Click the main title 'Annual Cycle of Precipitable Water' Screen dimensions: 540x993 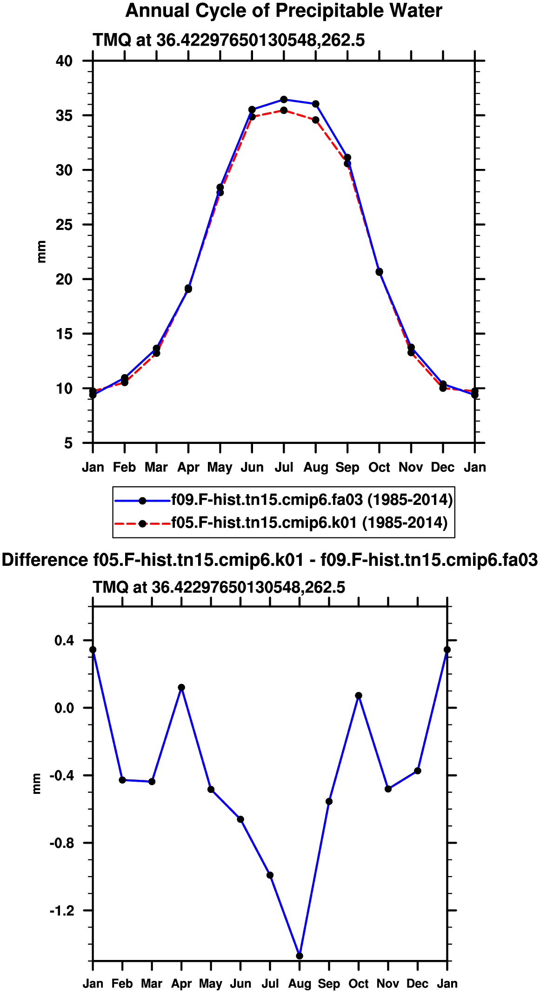coord(284,11)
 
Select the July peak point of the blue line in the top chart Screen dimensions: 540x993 coord(284,100)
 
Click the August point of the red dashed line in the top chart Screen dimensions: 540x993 coord(316,120)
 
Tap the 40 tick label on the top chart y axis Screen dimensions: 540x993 coord(65,61)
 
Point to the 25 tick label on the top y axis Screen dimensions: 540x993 coord(65,225)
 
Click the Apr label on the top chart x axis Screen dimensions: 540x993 coord(188,468)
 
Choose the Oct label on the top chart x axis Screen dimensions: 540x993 coord(380,467)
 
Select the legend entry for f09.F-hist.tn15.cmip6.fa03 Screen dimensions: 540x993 coord(284,500)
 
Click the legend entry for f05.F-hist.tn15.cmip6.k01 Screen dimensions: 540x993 coord(281,523)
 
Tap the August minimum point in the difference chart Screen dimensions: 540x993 coord(300,956)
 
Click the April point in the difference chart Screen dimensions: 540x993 coord(181,687)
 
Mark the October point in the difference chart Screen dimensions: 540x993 coord(359,696)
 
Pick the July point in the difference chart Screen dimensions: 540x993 coord(270,875)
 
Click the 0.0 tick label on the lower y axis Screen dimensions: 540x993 coord(64,708)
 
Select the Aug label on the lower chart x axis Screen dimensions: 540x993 coord(300,984)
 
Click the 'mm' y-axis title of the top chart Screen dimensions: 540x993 coord(41,252)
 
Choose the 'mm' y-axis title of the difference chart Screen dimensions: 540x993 coord(37,784)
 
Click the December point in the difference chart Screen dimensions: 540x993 coord(418,771)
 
